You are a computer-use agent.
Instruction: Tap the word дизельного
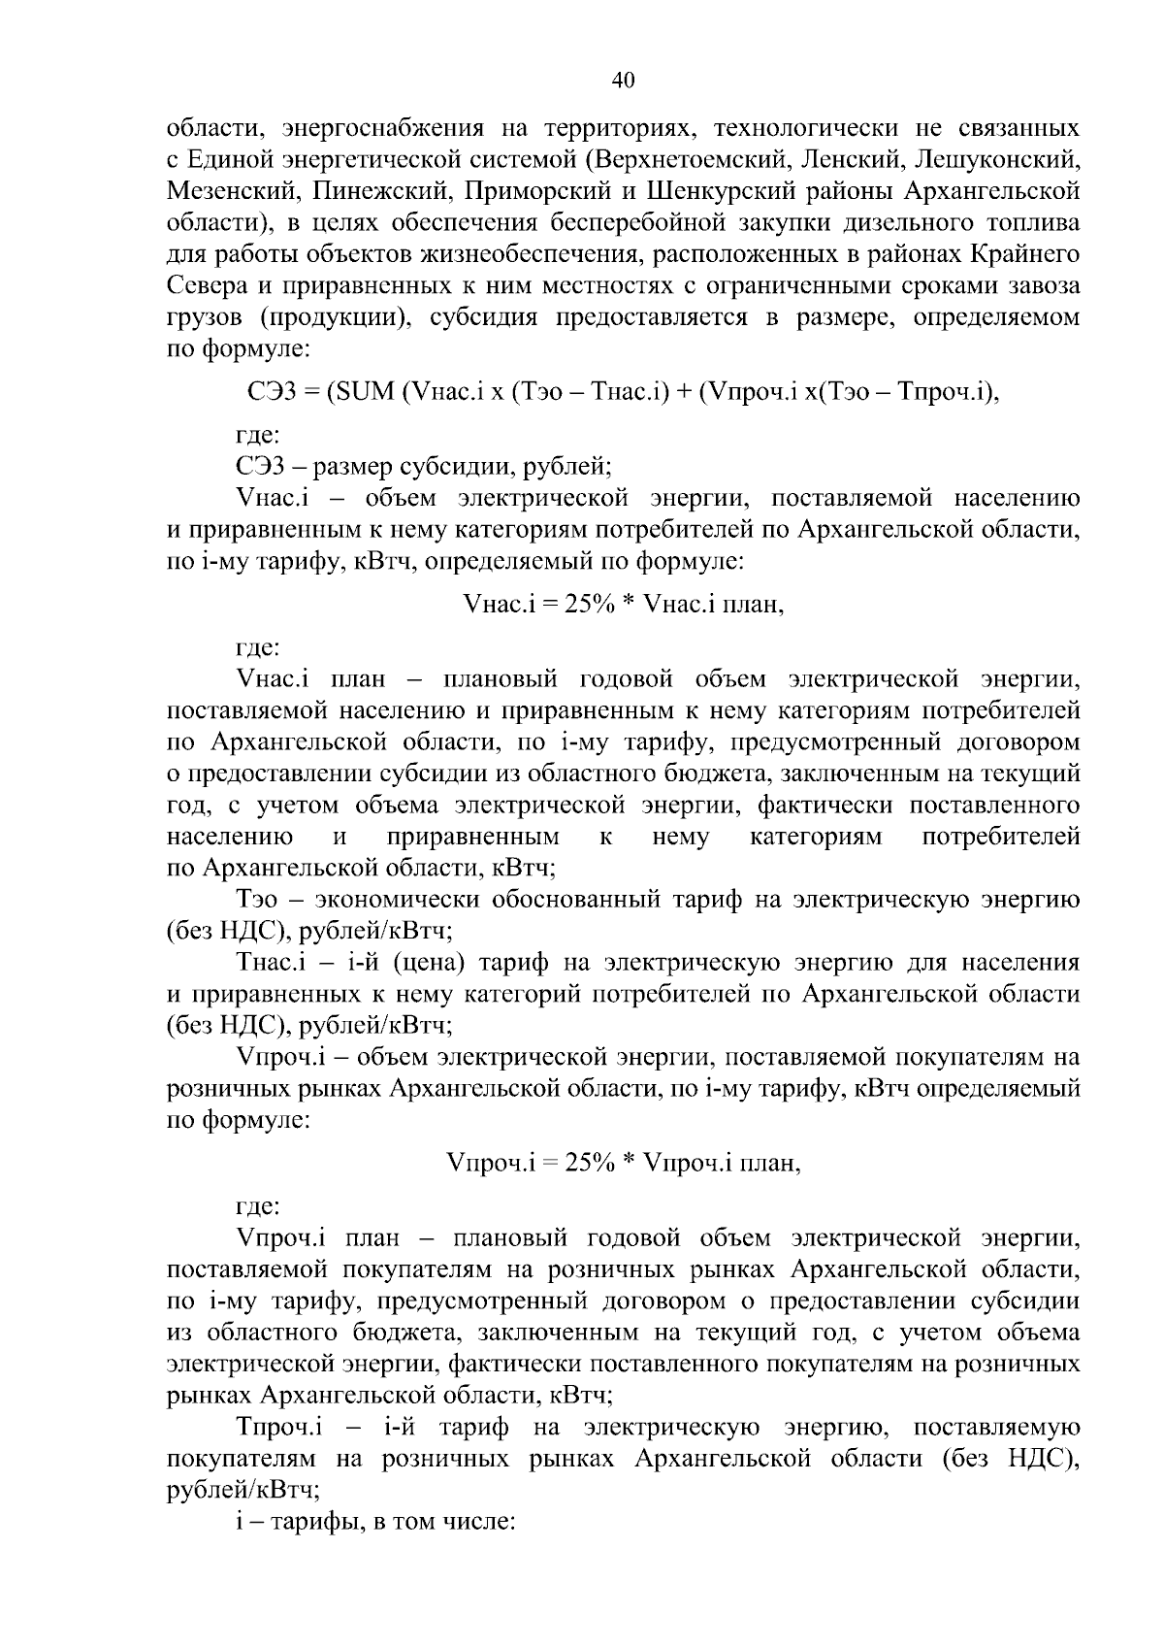click(x=877, y=223)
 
